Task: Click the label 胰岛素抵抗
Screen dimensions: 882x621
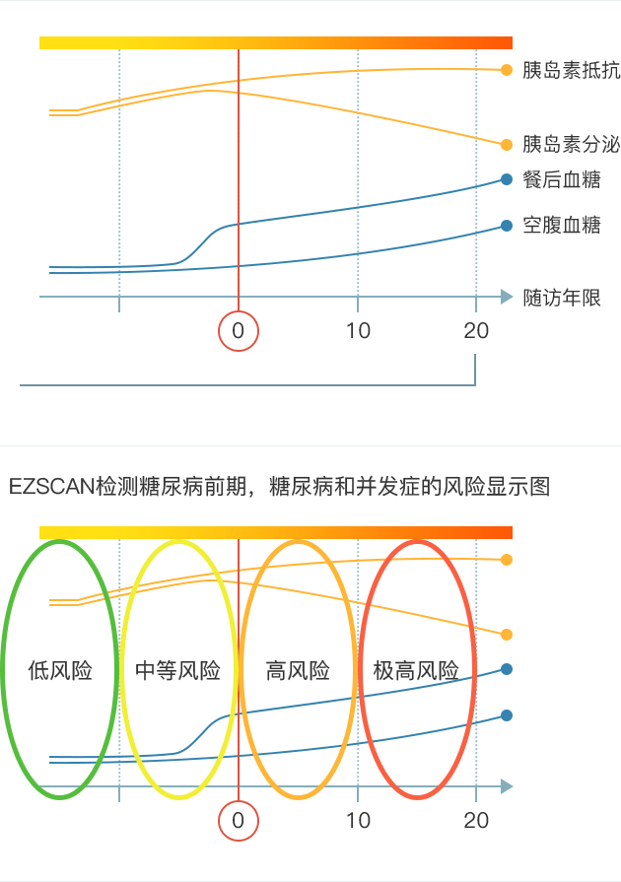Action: pyautogui.click(x=572, y=70)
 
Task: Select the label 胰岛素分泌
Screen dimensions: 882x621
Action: pyautogui.click(x=572, y=144)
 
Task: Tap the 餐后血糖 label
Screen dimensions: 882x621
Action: pyautogui.click(x=563, y=179)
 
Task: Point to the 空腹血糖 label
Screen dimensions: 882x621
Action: pyautogui.click(x=563, y=225)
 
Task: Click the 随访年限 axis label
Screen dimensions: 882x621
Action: pyautogui.click(x=563, y=297)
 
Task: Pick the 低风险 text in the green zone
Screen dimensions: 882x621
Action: pyautogui.click(x=60, y=671)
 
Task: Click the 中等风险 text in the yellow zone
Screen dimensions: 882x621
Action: pyautogui.click(x=177, y=671)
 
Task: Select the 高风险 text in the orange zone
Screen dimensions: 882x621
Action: pyautogui.click(x=298, y=671)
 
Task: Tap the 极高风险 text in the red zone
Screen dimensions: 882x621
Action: pyautogui.click(x=417, y=671)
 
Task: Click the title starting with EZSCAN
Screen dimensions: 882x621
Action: pyautogui.click(x=279, y=487)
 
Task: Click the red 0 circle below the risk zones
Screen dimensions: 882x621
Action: pyautogui.click(x=238, y=821)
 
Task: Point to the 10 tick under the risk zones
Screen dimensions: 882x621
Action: pyautogui.click(x=358, y=821)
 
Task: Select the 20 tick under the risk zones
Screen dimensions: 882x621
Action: pyautogui.click(x=476, y=821)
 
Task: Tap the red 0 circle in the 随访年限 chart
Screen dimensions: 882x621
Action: pyautogui.click(x=238, y=331)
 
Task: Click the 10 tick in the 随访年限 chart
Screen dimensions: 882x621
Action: pyautogui.click(x=358, y=331)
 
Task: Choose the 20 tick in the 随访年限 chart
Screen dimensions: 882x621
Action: pyautogui.click(x=476, y=331)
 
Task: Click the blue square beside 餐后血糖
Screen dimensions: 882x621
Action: pyautogui.click(x=507, y=179)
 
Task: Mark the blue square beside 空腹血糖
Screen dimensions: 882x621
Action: pyautogui.click(x=507, y=225)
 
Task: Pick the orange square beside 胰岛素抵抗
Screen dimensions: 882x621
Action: pyautogui.click(x=507, y=70)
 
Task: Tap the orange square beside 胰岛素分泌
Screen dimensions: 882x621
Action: pyautogui.click(x=507, y=144)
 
